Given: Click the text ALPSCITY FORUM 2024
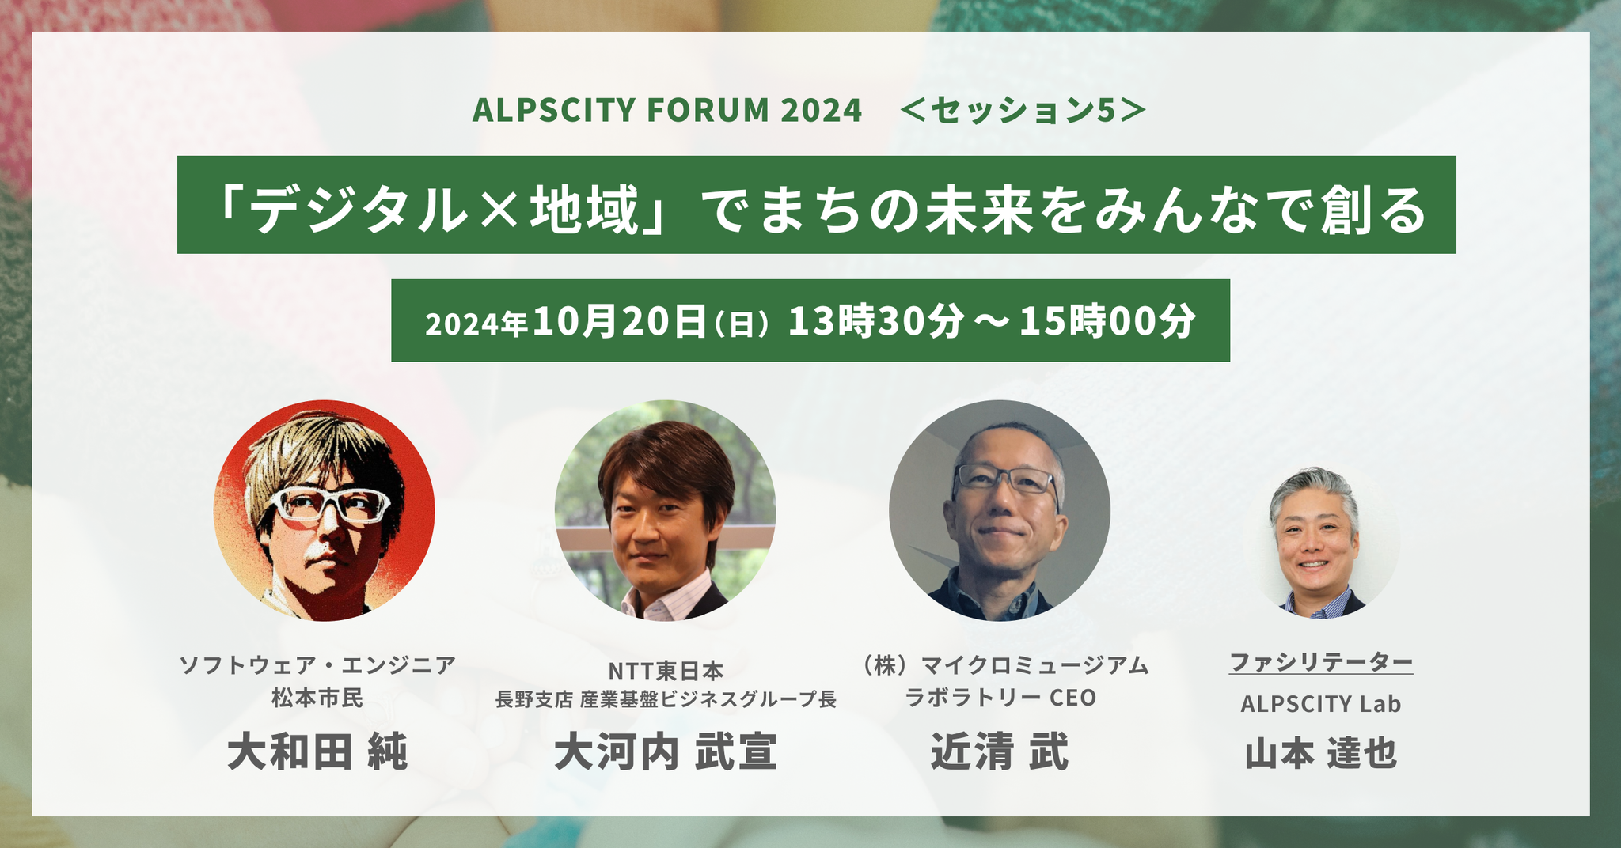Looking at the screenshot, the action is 666,110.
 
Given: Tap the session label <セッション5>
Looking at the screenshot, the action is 1023,111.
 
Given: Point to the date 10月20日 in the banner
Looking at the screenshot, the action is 620,321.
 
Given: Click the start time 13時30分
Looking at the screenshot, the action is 876,321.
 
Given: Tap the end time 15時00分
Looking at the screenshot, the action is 1107,321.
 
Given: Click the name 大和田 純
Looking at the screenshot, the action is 317,751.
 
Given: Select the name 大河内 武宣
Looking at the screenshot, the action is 666,751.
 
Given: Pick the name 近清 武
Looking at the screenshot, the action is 1000,751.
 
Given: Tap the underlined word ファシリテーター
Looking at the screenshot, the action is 1321,662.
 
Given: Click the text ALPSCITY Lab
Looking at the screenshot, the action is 1321,703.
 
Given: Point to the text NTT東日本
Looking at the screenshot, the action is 666,671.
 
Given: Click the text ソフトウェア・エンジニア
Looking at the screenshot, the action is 317,664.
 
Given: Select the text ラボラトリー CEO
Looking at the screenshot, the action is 1000,698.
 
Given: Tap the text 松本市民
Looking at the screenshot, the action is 317,698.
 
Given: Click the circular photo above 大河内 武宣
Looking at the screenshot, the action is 665,510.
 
